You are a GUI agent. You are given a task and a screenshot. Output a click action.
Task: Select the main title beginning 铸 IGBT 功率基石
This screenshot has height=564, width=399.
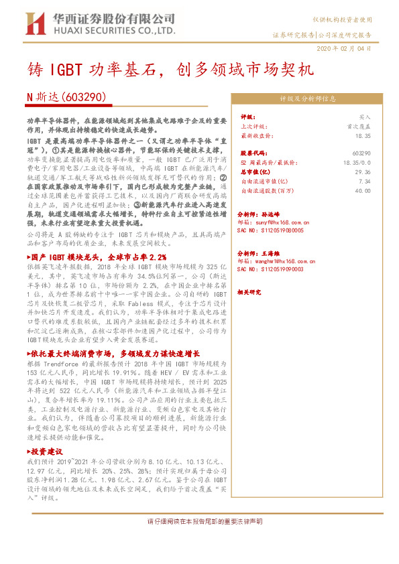point(172,70)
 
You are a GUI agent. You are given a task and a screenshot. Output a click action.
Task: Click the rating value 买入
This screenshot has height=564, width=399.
point(364,116)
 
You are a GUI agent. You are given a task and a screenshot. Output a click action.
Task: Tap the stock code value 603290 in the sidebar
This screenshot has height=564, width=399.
point(361,153)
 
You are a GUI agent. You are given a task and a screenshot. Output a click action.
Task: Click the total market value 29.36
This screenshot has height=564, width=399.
point(363,171)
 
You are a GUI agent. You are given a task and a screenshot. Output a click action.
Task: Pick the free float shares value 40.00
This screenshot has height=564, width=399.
point(363,190)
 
